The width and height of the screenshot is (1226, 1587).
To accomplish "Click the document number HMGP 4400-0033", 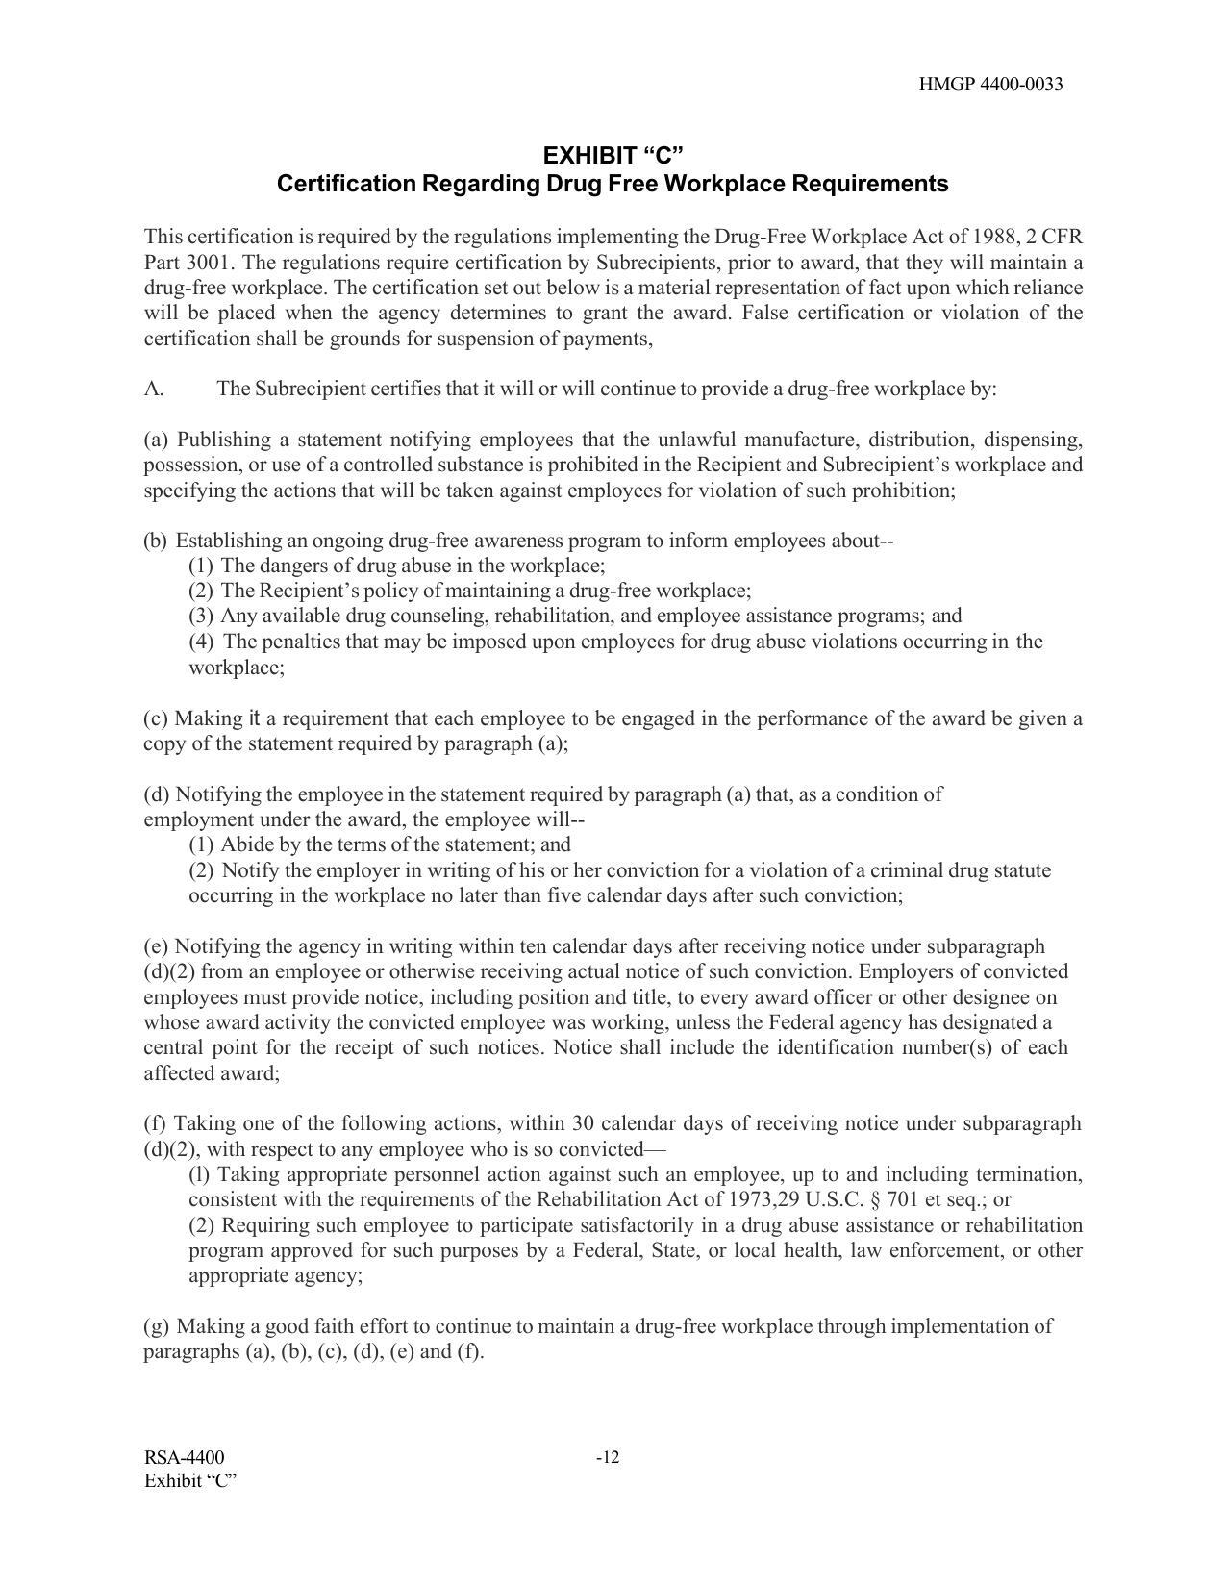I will [x=990, y=85].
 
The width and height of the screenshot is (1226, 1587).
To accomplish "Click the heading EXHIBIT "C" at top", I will [x=613, y=155].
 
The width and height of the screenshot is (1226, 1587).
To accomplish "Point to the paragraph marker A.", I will [x=154, y=390].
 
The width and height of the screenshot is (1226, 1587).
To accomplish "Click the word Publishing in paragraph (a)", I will [x=223, y=440].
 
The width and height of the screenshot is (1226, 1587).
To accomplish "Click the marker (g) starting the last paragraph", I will [x=157, y=1326].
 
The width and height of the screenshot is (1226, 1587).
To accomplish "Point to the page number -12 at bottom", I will [x=608, y=1457].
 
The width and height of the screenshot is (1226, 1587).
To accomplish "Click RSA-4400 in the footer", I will [x=185, y=1457].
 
